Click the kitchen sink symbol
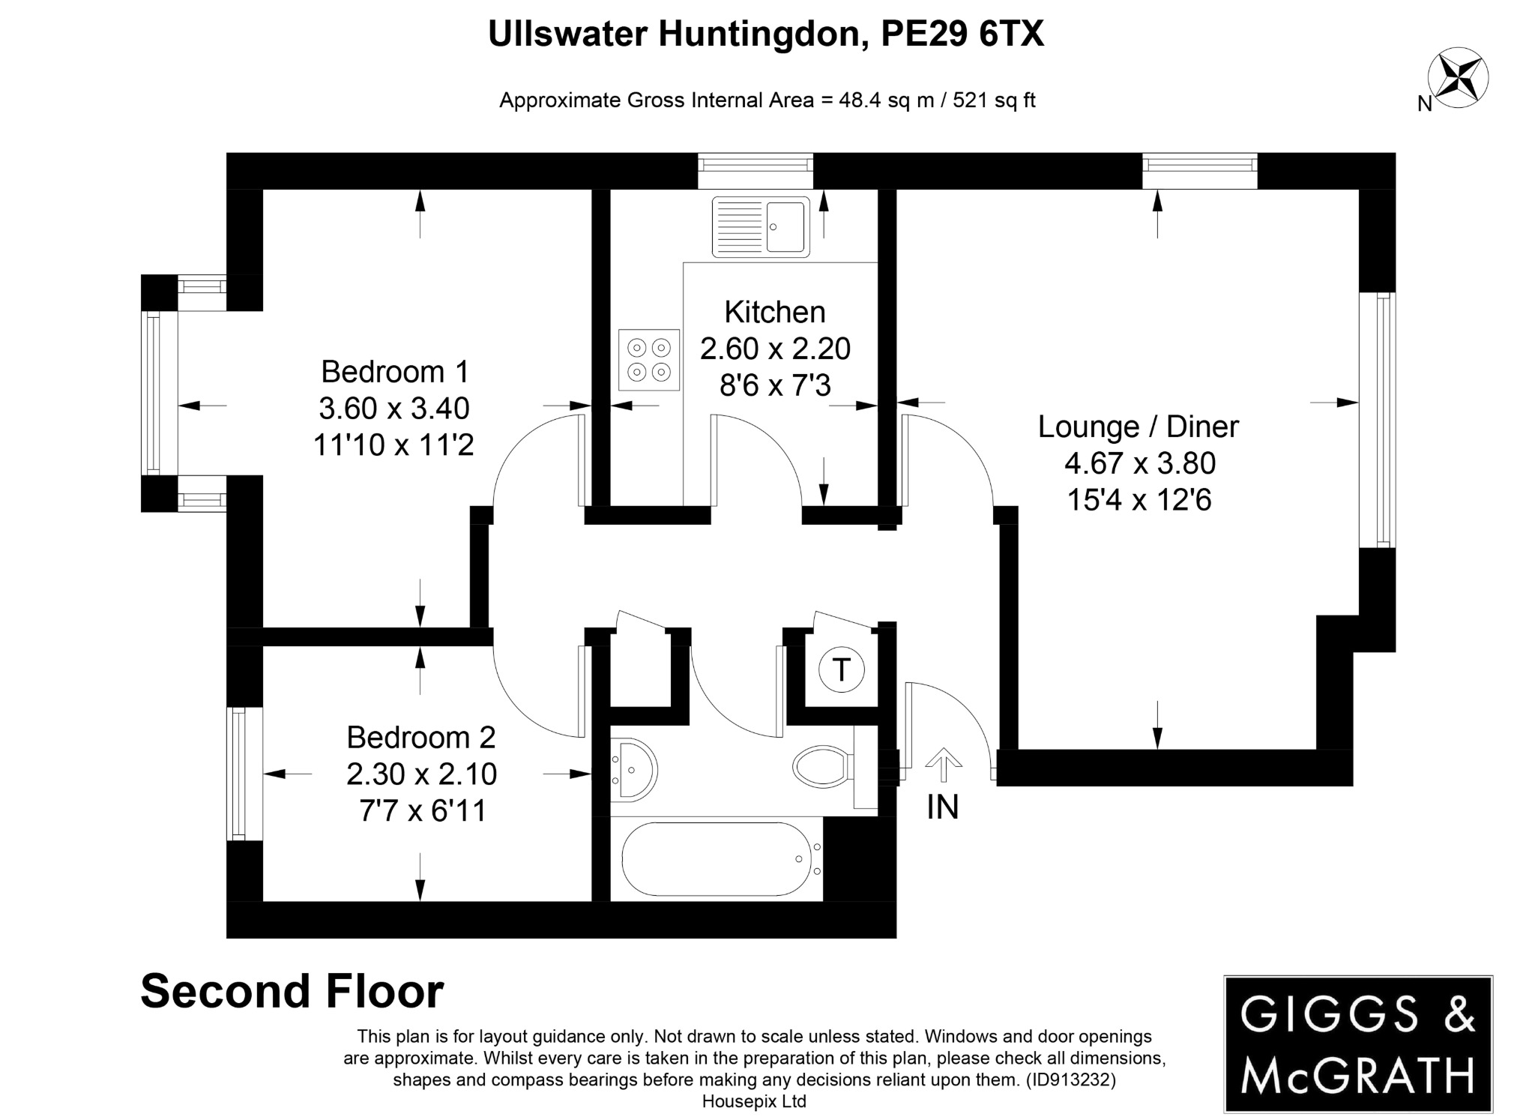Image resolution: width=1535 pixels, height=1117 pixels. [x=760, y=226]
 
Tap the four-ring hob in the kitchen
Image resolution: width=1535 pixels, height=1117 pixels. [x=649, y=360]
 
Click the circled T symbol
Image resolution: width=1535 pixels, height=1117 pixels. [x=841, y=669]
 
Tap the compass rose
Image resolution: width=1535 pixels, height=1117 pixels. [x=1458, y=78]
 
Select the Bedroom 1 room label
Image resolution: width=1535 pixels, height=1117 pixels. [x=394, y=372]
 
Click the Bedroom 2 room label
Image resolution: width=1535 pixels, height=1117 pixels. [x=420, y=738]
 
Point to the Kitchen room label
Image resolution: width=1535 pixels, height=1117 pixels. [x=774, y=312]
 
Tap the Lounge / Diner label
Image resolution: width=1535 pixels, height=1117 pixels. [x=1138, y=427]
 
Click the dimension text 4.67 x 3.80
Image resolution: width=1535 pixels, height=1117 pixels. [x=1139, y=463]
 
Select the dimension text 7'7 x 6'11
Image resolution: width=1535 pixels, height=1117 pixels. [x=422, y=811]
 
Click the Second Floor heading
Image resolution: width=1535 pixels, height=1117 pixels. [x=292, y=991]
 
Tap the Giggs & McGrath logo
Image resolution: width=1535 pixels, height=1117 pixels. [x=1357, y=1044]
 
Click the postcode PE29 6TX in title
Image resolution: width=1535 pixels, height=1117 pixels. [x=962, y=34]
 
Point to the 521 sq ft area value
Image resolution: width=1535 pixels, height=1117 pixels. [x=994, y=100]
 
